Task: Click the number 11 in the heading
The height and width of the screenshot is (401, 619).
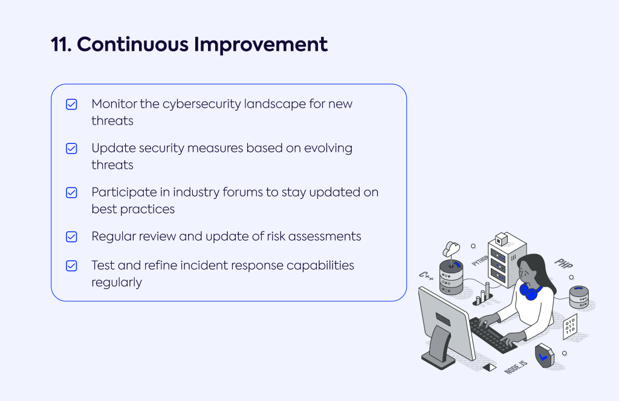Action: (61, 44)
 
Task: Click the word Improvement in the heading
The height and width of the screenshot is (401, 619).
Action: (261, 45)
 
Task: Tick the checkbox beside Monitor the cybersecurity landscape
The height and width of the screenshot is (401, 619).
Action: (71, 104)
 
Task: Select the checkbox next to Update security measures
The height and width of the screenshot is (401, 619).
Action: (71, 149)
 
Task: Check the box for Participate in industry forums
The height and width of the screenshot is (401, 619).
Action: (71, 193)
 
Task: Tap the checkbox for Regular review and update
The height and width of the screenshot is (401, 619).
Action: (71, 236)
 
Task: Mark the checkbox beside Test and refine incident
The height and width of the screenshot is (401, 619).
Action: (71, 266)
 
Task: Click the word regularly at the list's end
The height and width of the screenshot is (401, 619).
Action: (117, 283)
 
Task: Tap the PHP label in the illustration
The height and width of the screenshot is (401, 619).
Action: (564, 264)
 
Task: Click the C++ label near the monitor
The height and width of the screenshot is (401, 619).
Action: (426, 275)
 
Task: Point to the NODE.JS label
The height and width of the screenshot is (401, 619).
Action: (516, 367)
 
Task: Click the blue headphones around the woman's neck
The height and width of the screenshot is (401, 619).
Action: (530, 292)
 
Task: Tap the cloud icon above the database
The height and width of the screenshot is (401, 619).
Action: (451, 249)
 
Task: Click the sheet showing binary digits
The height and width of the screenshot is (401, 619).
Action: (570, 327)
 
